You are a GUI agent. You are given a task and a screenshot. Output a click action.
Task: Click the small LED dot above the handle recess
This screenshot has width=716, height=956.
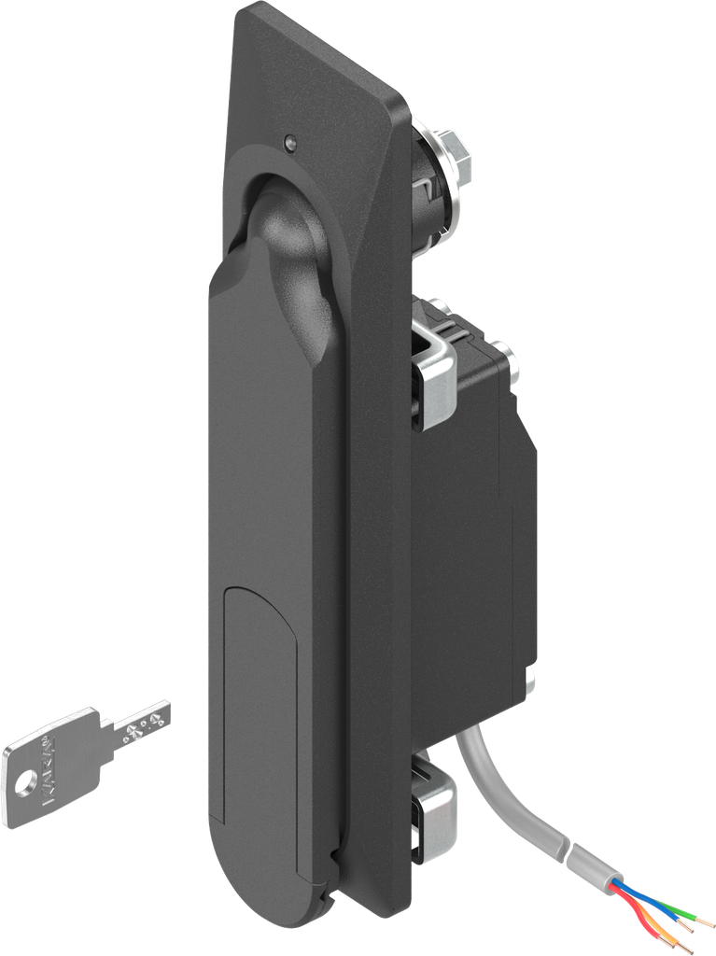[288, 143]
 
